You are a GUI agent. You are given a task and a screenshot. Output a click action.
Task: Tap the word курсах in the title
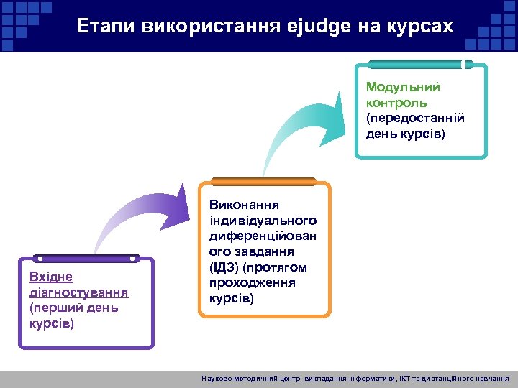(422, 27)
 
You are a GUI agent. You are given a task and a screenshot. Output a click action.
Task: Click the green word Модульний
(403, 87)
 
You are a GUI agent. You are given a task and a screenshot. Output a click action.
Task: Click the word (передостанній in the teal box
(415, 118)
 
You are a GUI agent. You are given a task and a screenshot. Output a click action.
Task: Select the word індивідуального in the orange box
(263, 221)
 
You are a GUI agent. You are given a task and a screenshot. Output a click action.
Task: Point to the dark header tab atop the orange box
(264, 181)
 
